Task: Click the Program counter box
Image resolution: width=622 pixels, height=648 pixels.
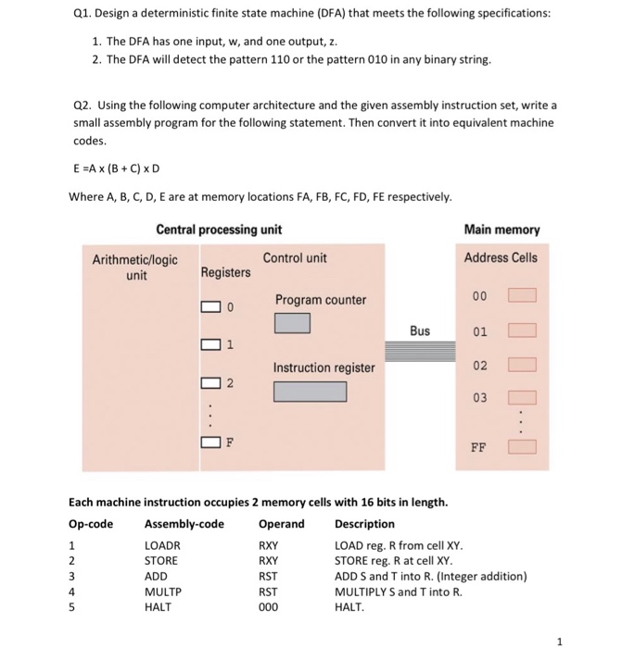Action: click(x=291, y=323)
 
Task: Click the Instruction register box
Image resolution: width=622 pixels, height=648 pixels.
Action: click(x=310, y=391)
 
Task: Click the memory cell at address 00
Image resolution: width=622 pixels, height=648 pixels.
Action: click(x=522, y=296)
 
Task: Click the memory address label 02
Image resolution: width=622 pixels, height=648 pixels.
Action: click(x=478, y=367)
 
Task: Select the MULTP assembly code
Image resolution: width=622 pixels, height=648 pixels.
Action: click(x=163, y=592)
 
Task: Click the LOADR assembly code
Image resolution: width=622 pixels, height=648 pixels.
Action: click(x=163, y=545)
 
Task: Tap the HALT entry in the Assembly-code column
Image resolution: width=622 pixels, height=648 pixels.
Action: click(x=159, y=607)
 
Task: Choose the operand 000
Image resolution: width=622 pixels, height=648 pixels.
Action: click(x=270, y=607)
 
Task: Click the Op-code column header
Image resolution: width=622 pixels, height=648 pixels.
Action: click(x=91, y=524)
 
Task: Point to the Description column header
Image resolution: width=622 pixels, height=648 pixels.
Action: click(x=364, y=524)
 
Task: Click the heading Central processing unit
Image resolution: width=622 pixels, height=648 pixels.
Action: click(x=219, y=230)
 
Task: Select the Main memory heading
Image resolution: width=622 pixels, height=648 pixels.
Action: click(x=501, y=230)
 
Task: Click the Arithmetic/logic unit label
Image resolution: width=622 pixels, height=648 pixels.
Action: click(x=135, y=266)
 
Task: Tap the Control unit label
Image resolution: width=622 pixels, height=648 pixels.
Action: click(x=295, y=258)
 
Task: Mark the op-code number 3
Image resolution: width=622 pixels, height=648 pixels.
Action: click(x=73, y=577)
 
